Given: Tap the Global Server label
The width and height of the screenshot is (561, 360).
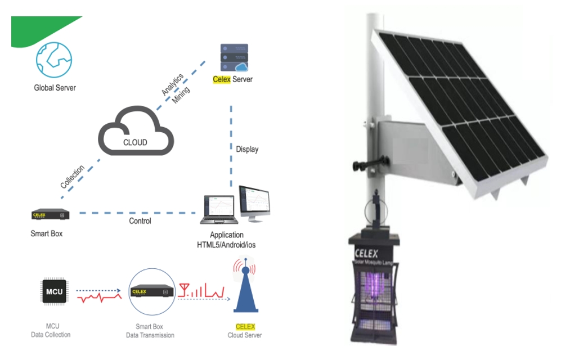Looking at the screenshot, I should (55, 88).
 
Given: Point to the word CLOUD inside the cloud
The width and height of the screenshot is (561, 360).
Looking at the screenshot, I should (135, 142).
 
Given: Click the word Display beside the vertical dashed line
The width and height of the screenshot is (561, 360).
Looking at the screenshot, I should (247, 149).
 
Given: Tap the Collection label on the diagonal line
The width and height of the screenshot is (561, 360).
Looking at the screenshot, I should (73, 177).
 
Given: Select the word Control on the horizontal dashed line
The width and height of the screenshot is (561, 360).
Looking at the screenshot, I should (140, 221).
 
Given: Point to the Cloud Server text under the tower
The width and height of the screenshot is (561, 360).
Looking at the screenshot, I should (245, 335).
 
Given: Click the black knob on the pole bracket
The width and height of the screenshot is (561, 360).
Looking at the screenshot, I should (360, 165).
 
